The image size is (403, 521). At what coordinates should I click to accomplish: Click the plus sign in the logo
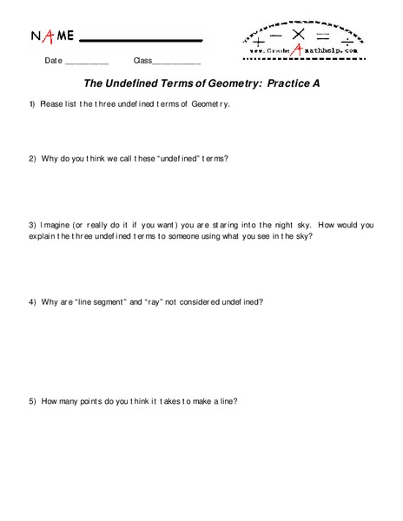(x=259, y=39)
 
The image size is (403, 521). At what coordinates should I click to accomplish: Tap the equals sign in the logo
(x=322, y=36)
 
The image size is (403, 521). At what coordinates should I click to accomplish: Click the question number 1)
(x=31, y=105)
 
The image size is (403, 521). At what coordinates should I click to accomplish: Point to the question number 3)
(x=31, y=225)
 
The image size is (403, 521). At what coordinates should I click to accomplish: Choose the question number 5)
(x=31, y=401)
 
